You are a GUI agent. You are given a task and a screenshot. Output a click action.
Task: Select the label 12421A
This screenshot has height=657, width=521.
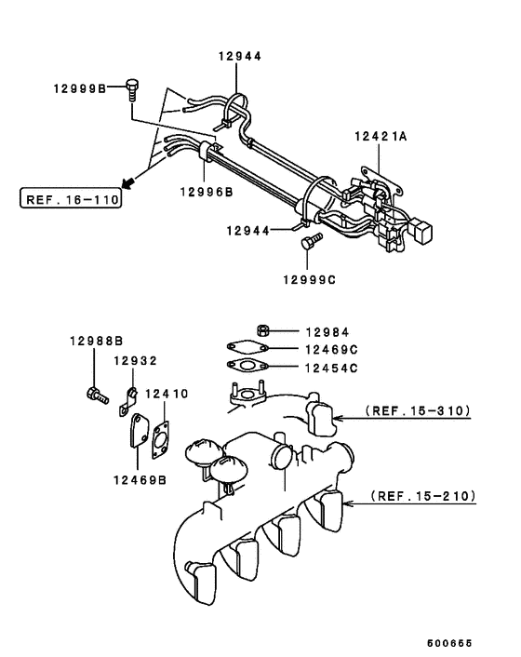[x=380, y=136]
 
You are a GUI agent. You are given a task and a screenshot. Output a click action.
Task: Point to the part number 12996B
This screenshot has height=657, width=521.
[x=206, y=193]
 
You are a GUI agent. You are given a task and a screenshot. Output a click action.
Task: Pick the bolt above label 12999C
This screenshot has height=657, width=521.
[x=309, y=244]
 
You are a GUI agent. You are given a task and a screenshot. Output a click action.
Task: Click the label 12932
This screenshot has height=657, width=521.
[x=135, y=360]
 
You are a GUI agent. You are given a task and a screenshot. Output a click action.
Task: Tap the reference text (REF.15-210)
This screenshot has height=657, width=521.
[x=423, y=497]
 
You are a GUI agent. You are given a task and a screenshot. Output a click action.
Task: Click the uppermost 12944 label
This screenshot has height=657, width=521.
[x=240, y=56]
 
